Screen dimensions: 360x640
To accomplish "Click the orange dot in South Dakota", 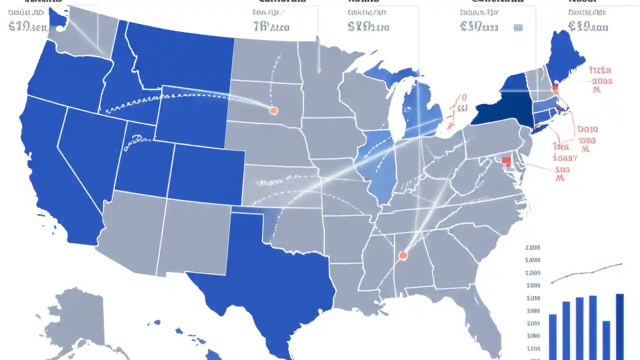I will (273, 110).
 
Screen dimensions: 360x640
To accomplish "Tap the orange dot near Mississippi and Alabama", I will (402, 256).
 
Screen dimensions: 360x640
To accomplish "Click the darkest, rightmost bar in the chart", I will (619, 325).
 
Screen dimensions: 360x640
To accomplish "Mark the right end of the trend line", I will (621, 263).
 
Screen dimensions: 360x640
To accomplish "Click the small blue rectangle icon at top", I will (518, 28).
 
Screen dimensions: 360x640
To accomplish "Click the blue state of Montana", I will (180, 55).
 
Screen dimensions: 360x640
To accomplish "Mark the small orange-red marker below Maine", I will (555, 90).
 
